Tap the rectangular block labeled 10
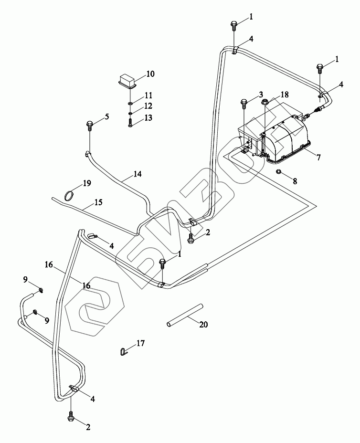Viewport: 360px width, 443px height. [127, 80]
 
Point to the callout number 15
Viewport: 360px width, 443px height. [98, 202]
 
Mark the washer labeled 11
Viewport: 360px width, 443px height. [130, 102]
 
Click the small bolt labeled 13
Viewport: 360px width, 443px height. [130, 123]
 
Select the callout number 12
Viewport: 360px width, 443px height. [148, 105]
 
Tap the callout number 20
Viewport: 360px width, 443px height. [203, 325]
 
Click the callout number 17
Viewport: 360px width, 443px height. [140, 343]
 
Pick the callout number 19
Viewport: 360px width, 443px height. [86, 183]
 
